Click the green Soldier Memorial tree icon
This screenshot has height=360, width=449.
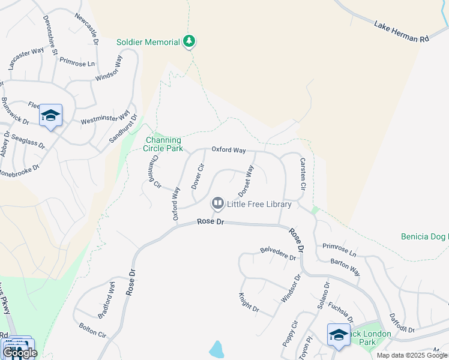coord(190,41)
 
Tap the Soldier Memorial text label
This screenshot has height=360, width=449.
coord(148,42)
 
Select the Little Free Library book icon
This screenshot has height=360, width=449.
coord(217,204)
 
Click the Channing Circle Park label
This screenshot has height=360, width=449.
coord(163,144)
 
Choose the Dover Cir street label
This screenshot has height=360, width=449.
coord(198,176)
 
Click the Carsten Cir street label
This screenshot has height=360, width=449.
coord(303,175)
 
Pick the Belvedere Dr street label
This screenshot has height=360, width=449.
coord(278,253)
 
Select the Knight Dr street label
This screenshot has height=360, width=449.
coord(248,302)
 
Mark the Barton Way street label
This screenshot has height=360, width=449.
coord(345,267)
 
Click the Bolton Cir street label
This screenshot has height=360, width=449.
coord(92,332)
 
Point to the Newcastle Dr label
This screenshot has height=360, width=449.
coord(87,28)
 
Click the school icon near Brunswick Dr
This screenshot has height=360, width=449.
coord(51,116)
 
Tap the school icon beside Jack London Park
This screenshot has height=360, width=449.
coord(338,335)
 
